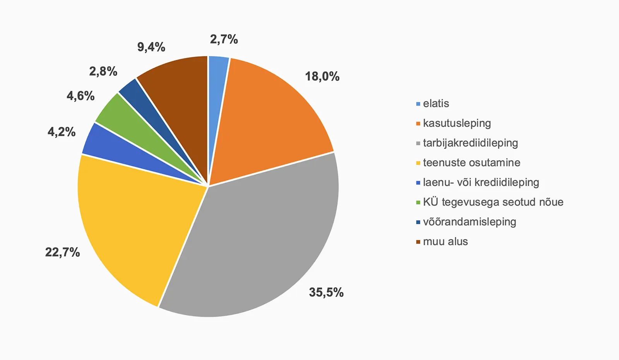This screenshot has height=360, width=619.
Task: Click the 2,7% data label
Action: click(224, 39)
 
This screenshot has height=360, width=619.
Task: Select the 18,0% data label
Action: click(322, 76)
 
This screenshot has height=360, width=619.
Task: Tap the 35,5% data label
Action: click(326, 292)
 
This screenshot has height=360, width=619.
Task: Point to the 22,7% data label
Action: click(62, 252)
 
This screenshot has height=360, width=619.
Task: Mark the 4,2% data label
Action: click(61, 132)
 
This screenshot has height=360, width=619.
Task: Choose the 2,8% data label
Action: click(103, 71)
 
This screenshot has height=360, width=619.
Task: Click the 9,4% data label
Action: click(151, 47)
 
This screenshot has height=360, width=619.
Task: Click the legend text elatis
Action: click(436, 104)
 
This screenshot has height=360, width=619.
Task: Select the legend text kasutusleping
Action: click(457, 123)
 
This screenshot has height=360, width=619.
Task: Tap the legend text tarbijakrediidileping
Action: click(470, 143)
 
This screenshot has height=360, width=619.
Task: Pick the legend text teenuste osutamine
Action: click(472, 163)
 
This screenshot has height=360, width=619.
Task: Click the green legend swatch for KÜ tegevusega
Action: click(418, 203)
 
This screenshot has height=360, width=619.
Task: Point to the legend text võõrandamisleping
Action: click(470, 222)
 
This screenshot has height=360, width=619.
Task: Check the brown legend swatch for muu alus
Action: click(418, 242)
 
